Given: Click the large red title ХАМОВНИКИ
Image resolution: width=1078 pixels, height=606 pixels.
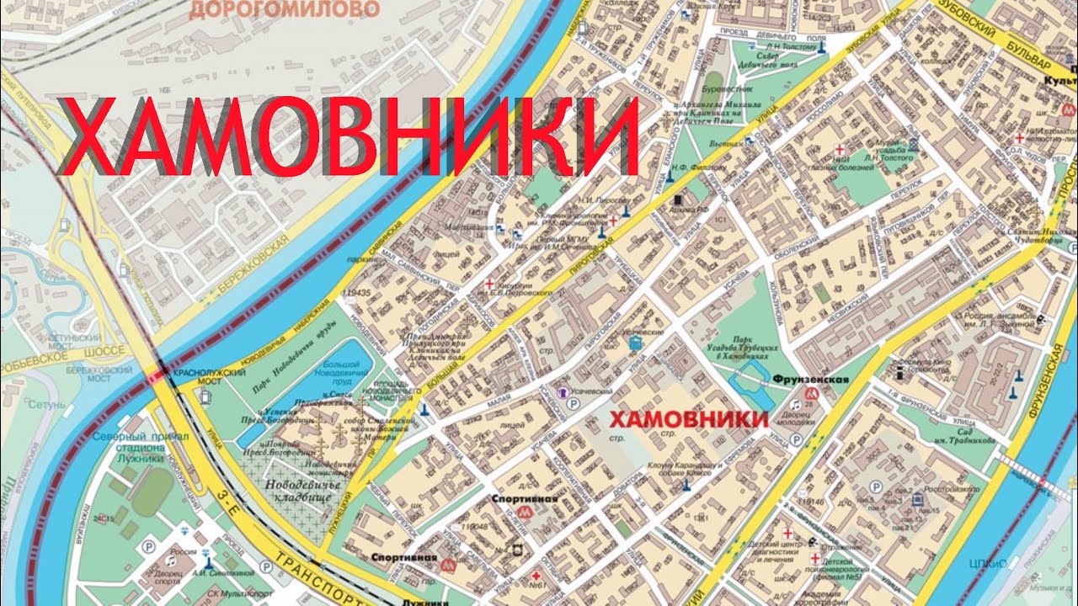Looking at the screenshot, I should click(350, 136).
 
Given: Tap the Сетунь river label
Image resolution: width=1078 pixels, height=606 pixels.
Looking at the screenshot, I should click(45, 404).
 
